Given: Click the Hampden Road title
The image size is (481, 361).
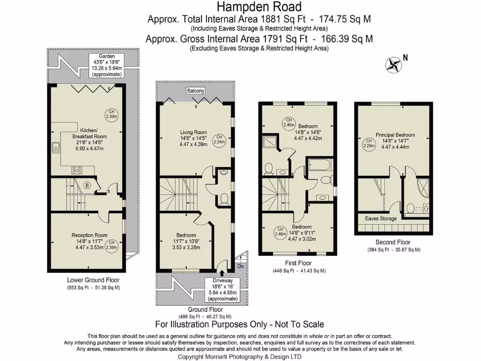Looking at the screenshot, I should coord(259,7).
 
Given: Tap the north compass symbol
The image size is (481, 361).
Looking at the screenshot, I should coord(394,65).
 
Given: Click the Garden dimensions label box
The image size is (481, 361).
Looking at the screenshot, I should coord(107,65).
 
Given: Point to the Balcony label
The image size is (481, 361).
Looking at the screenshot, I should coord(195,91).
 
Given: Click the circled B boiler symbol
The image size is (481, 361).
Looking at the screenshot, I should coord(87,186).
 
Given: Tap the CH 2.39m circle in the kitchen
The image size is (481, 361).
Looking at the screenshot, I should coord(112,115).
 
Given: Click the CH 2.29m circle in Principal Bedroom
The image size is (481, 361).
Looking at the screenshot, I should coord(369,143).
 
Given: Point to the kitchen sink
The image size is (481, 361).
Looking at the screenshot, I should coord(56,149).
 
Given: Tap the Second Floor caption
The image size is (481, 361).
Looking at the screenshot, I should coord(393,243).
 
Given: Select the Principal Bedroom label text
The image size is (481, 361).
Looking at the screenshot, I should coord(395,135).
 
